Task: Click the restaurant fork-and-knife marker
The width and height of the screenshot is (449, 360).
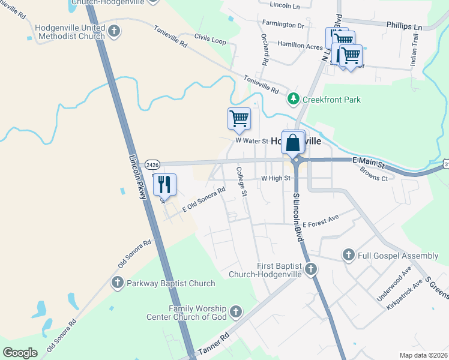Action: [x=164, y=184]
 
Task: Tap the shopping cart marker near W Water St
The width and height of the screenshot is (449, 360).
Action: [x=239, y=118]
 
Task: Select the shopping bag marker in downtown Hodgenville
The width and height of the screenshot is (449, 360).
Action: [x=293, y=143]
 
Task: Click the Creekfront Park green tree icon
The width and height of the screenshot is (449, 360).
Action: [x=293, y=98]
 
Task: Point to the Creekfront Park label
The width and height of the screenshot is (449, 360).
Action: [x=331, y=99]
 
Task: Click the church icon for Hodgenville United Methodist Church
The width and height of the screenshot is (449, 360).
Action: [x=115, y=31]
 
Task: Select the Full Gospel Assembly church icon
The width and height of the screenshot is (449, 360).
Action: [x=348, y=256]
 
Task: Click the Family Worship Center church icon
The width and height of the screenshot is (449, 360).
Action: [x=236, y=312]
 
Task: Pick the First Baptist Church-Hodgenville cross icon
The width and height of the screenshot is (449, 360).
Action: [x=310, y=269]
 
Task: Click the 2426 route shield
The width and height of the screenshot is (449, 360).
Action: [x=152, y=164]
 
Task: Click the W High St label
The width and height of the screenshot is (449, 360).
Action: [x=276, y=178]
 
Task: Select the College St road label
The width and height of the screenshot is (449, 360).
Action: [x=241, y=181]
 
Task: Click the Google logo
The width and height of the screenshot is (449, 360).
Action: [x=20, y=353]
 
